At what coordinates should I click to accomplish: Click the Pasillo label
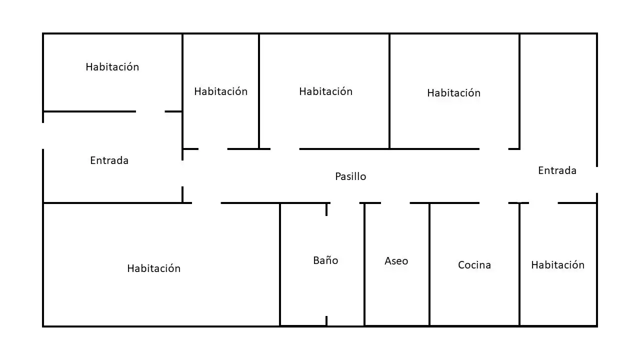tap(350, 176)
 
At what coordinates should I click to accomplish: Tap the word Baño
tap(325, 260)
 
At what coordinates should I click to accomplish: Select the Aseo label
tap(396, 261)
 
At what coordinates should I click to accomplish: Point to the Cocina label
tap(474, 265)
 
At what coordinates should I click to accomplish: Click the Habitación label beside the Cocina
tap(557, 265)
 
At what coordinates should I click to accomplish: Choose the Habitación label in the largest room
tap(153, 268)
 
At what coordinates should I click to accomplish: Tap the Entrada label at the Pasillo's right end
tap(557, 170)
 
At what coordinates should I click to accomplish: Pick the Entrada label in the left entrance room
tap(109, 160)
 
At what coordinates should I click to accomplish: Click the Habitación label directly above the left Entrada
tap(112, 67)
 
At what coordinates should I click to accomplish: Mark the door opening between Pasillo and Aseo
tap(395, 203)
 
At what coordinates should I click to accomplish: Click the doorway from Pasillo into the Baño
tap(345, 203)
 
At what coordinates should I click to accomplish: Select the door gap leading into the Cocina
tap(493, 203)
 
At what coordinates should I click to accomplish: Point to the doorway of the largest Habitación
tap(206, 203)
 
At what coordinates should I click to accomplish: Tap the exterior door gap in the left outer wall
tap(43, 136)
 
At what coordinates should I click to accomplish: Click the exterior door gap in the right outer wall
tap(597, 180)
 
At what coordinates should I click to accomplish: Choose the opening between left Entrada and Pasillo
tap(182, 173)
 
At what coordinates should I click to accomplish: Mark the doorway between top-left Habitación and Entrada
tap(150, 111)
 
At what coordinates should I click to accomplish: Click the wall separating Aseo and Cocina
tap(429, 264)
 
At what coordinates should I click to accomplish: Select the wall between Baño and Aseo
tap(364, 264)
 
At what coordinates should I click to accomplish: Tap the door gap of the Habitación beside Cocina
tap(543, 203)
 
